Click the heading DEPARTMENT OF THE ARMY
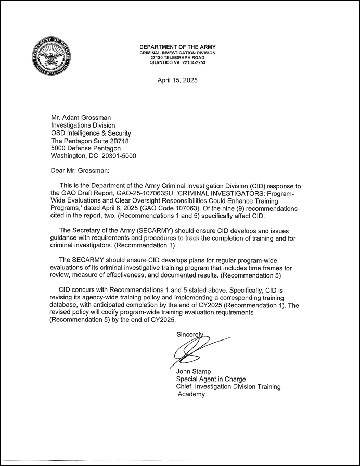177,47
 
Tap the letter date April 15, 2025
177,80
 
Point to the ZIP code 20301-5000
119,155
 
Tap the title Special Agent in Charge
211,379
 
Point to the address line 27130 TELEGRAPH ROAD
177,58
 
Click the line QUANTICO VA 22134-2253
177,62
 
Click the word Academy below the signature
192,394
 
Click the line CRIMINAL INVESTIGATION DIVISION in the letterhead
177,53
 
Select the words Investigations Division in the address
83,125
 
